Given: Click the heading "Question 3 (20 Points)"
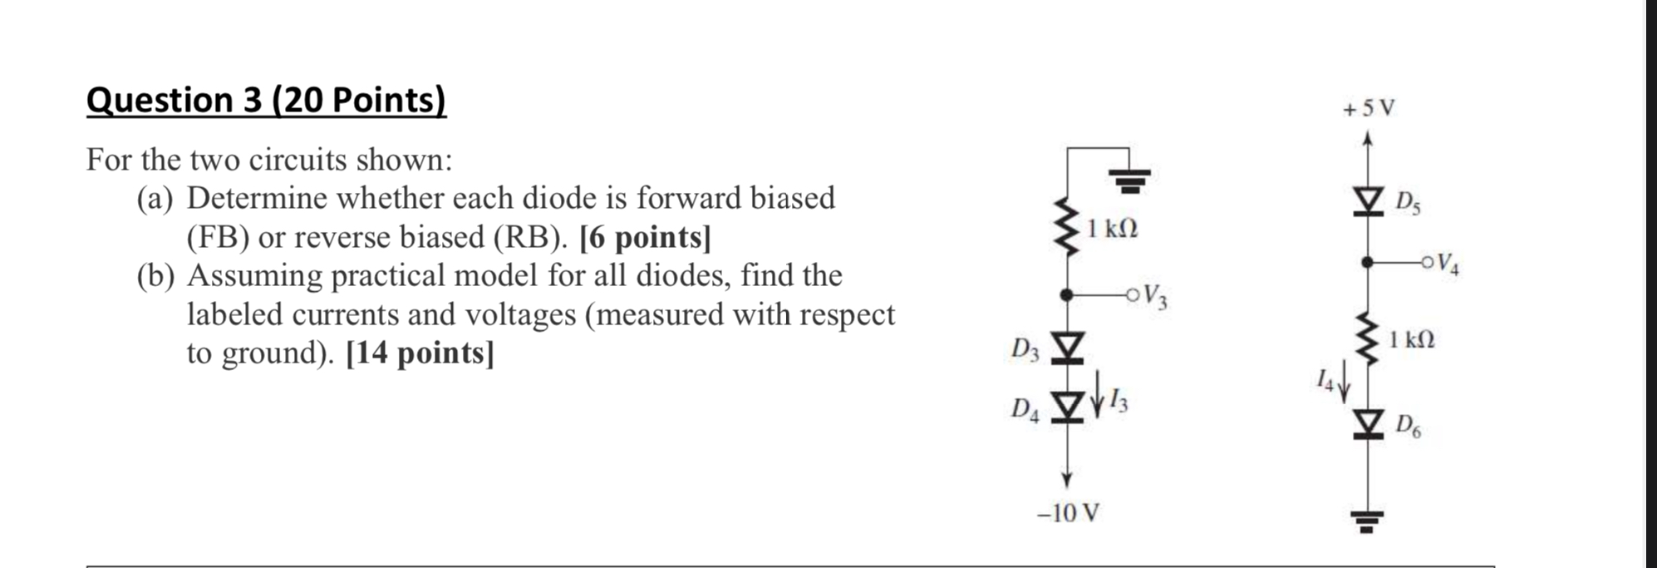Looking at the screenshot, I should coord(266,101).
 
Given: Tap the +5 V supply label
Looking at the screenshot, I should coord(1369,108).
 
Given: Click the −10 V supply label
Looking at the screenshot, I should coord(1068,513).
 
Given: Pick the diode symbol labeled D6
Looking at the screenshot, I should coord(1367,424).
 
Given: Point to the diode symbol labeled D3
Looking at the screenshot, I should coord(1068,348).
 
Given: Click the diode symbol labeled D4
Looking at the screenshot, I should coord(1068,407).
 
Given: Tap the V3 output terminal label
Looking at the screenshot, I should coord(1154,295).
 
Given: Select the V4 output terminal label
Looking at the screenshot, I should coord(1447,264).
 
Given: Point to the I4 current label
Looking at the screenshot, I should coord(1325,381).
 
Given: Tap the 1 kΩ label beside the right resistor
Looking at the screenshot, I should coord(1412,339).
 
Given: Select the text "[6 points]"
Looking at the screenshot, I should coord(645,238).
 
